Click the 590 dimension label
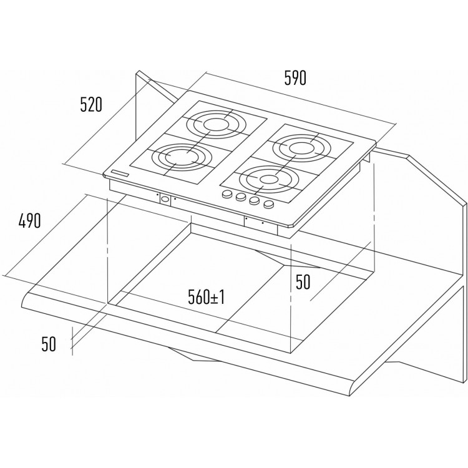(295, 78)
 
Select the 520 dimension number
(91, 104)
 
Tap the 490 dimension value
(29, 221)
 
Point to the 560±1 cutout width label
(207, 297)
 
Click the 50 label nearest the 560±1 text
(303, 282)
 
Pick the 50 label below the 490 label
(49, 344)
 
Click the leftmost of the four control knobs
(228, 194)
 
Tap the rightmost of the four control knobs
(269, 205)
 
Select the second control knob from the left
(241, 197)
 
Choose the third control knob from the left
(255, 201)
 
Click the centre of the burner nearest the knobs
(268, 179)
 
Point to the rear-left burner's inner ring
(216, 124)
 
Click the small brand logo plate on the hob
(120, 173)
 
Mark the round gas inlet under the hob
(165, 199)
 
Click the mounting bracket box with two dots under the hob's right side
(261, 225)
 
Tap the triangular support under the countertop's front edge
(194, 354)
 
